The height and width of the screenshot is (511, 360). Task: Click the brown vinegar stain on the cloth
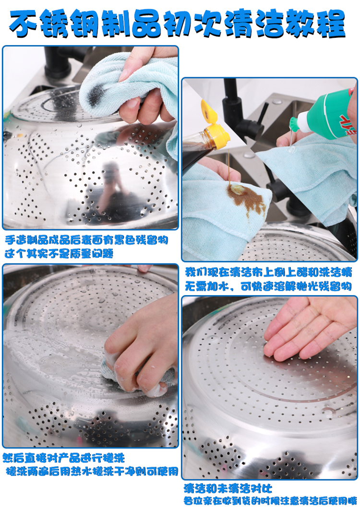(x=246, y=197)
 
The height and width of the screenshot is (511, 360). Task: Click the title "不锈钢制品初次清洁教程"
(x=178, y=24)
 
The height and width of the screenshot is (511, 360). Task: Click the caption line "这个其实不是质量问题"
(x=59, y=253)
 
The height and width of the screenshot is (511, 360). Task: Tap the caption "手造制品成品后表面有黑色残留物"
(x=86, y=240)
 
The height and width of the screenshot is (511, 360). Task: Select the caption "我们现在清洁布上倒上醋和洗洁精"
(x=269, y=272)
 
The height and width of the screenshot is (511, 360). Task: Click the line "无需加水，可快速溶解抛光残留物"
(x=268, y=286)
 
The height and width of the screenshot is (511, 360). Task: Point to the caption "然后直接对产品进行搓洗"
(x=64, y=458)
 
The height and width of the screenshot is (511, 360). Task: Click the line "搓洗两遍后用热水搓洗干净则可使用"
(x=92, y=471)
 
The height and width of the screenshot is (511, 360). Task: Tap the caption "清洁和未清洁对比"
(x=228, y=488)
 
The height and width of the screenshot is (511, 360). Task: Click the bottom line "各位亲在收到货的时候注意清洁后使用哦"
(x=270, y=500)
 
